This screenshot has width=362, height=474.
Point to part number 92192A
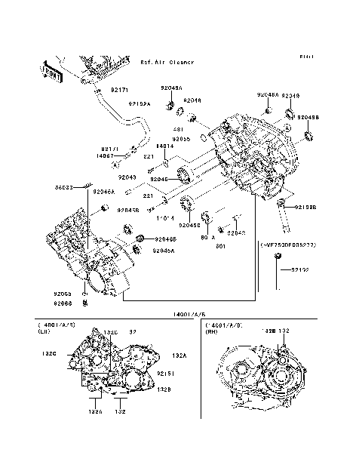pyautogui.click(x=140, y=103)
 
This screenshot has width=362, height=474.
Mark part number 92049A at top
pyautogui.click(x=171, y=88)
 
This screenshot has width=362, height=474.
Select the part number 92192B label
pyautogui.click(x=305, y=206)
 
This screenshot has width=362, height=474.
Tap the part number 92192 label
pyautogui.click(x=300, y=269)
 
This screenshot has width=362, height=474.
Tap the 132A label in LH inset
pyautogui.click(x=179, y=355)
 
